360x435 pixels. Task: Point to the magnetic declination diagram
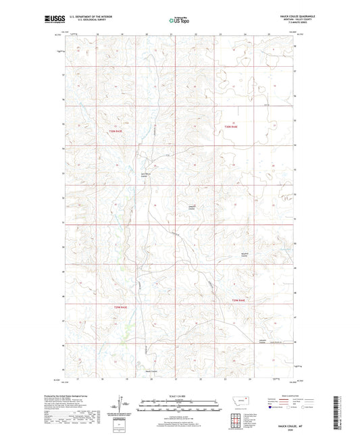click(126, 406)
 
